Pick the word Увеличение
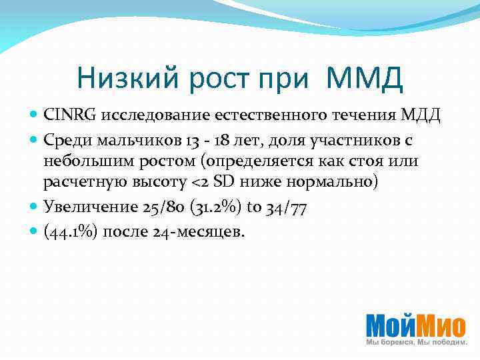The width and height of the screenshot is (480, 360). [90, 207]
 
